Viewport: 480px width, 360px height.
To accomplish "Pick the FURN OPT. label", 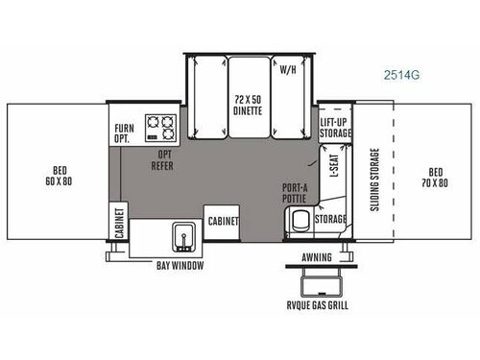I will (x=124, y=133).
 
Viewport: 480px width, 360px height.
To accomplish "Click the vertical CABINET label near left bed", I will (x=119, y=224).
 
